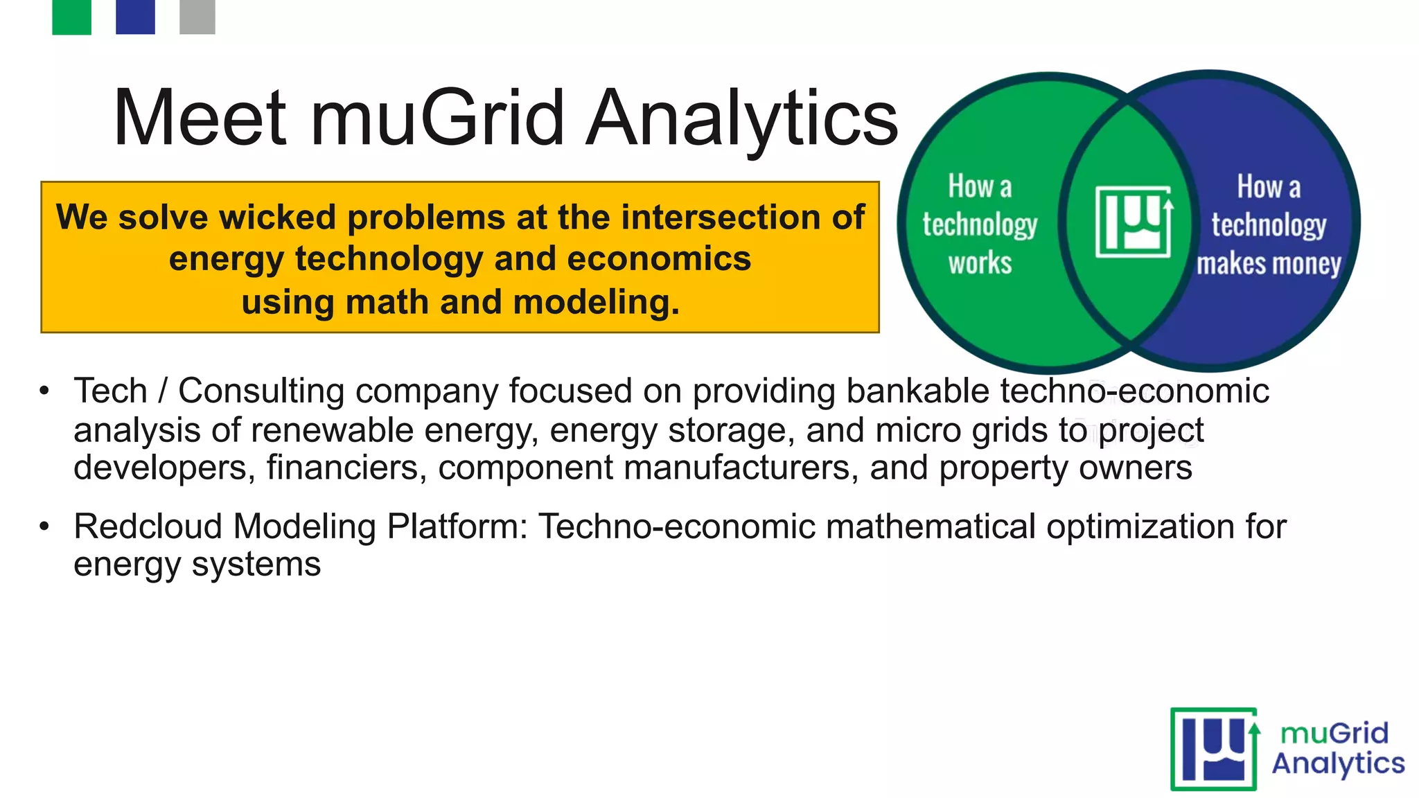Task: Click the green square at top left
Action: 71,17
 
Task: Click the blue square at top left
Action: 135,17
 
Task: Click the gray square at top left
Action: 197,17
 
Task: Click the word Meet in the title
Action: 200,118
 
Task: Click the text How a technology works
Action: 979,224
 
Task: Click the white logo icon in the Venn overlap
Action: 1134,222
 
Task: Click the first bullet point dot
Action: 44,391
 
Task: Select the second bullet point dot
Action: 44,526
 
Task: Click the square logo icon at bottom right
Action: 1214,749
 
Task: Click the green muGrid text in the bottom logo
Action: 1334,733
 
